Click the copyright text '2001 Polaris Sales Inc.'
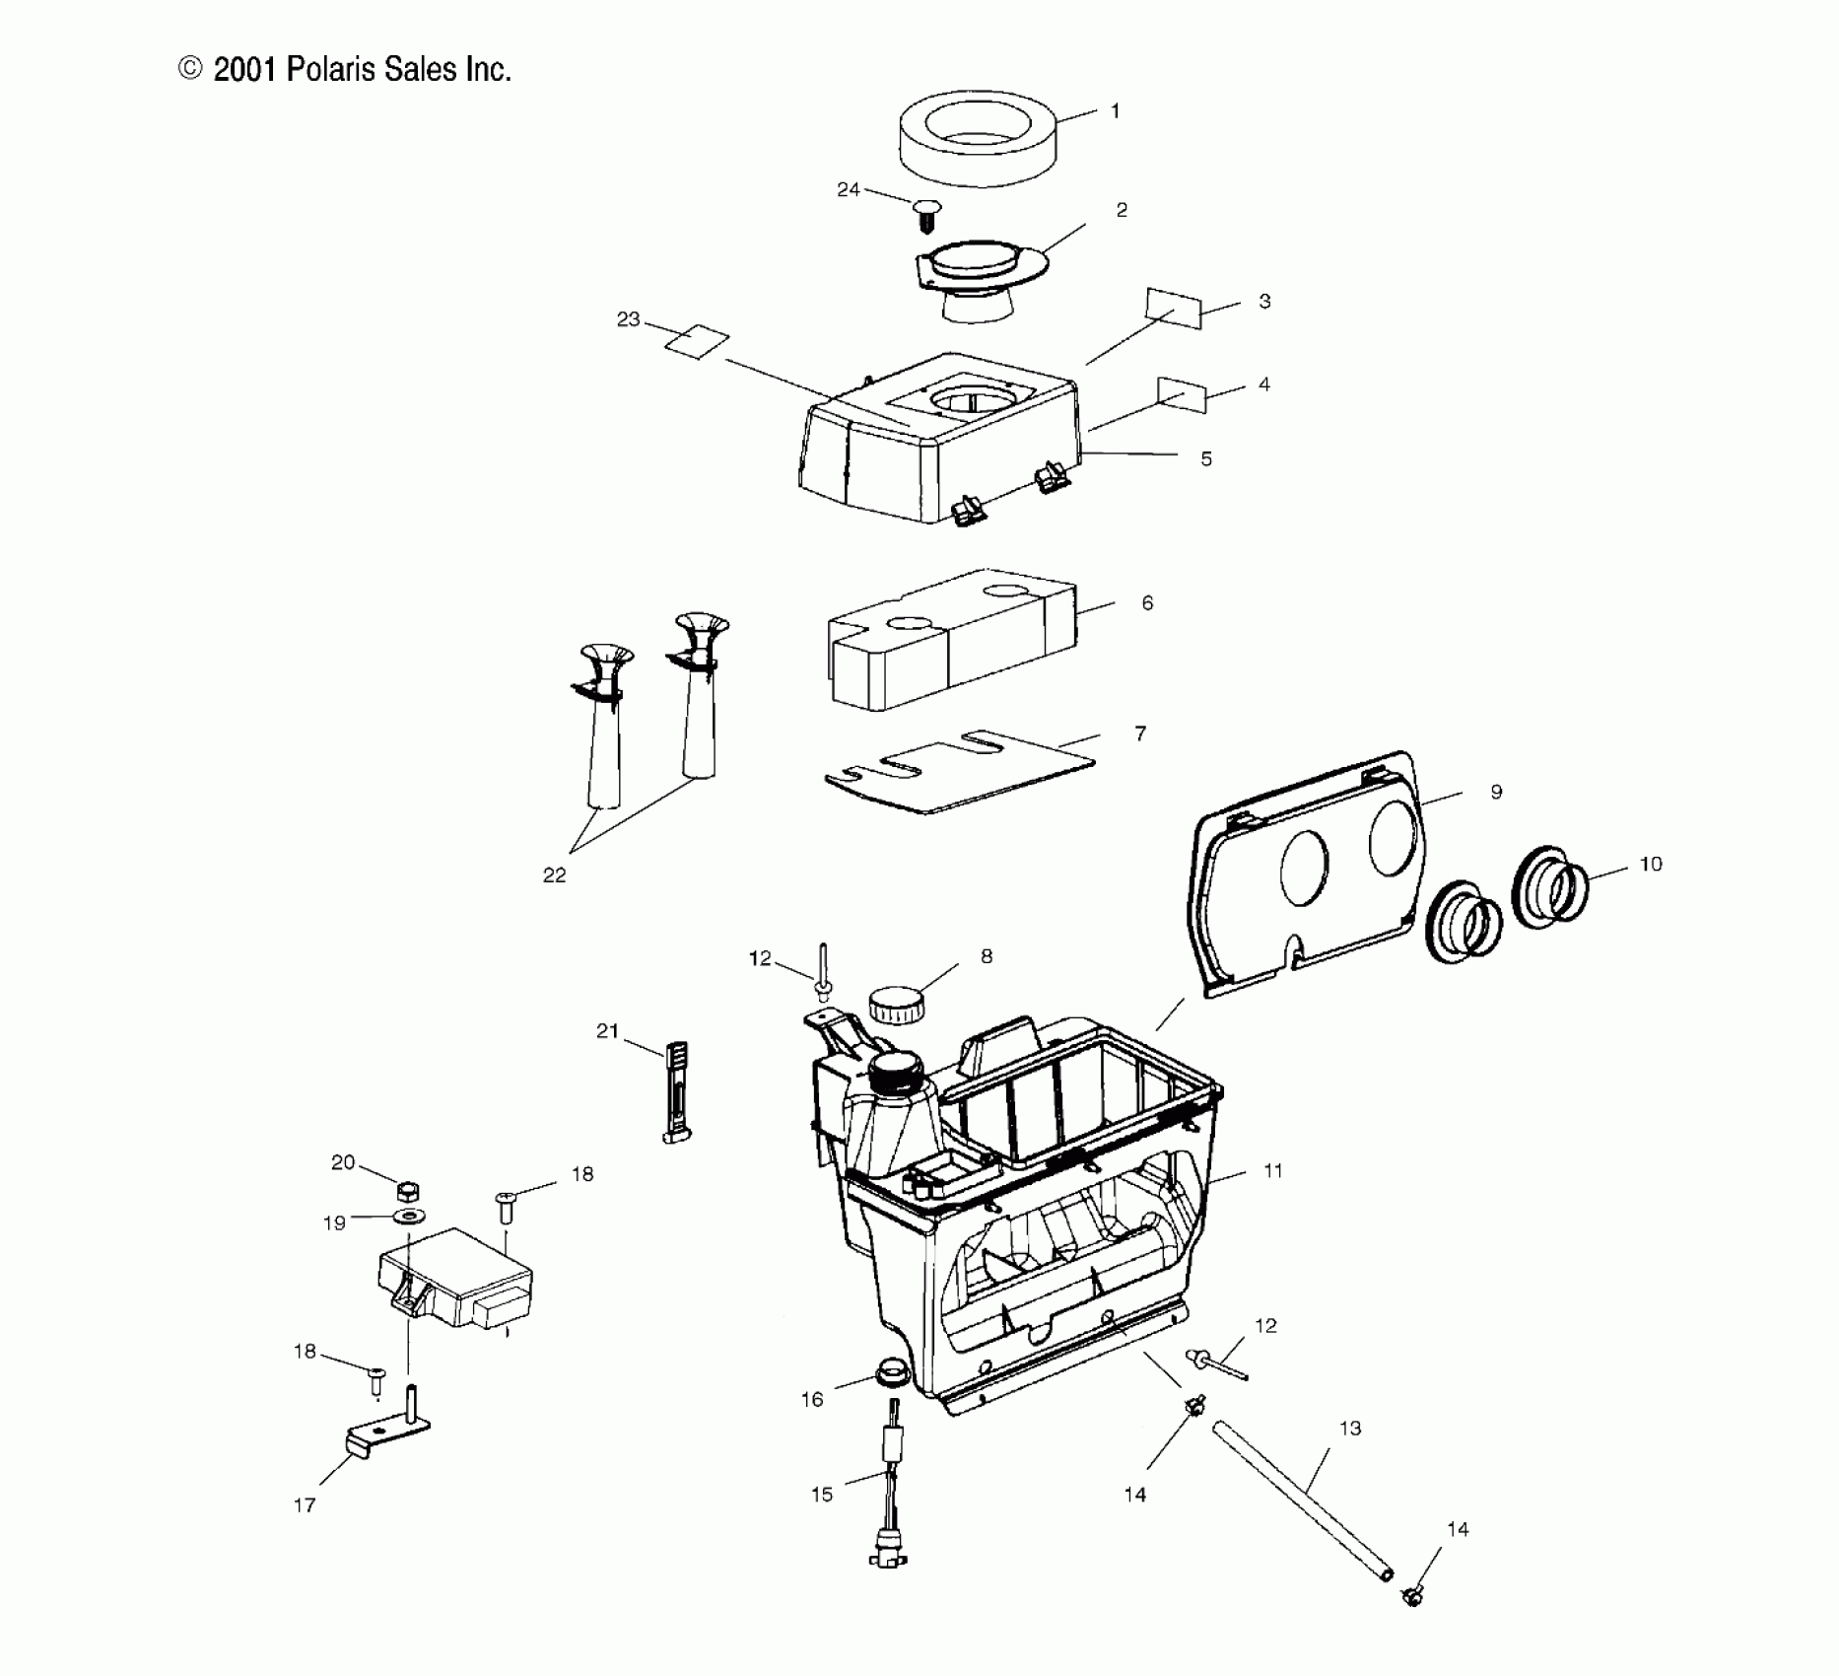click(362, 69)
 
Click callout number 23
click(628, 319)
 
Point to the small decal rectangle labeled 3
click(1174, 309)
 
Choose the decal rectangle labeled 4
click(1182, 393)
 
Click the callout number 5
click(1206, 458)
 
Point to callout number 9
click(1496, 792)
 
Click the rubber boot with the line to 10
click(1550, 886)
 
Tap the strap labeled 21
click(677, 1091)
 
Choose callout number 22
click(555, 875)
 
